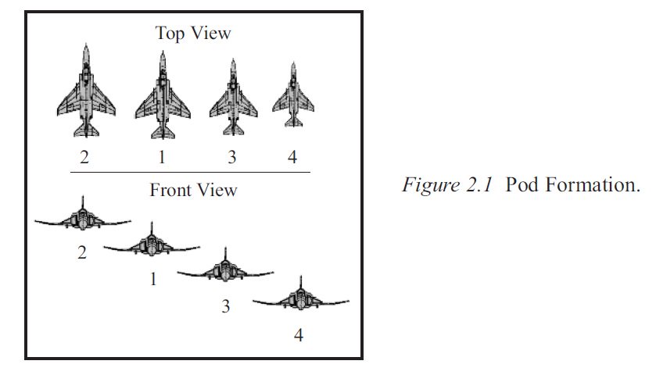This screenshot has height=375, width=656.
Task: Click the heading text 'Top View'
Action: (193, 33)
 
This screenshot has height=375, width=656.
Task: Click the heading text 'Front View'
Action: (193, 190)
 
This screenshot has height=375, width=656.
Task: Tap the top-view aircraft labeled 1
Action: (163, 95)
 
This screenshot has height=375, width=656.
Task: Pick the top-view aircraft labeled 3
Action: (233, 98)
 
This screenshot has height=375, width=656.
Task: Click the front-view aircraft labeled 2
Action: (82, 219)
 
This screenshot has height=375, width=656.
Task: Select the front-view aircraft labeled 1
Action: (151, 244)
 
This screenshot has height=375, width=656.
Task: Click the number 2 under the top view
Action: (84, 157)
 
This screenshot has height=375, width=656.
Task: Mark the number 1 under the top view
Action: (162, 157)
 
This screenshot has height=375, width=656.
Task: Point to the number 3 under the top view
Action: (232, 157)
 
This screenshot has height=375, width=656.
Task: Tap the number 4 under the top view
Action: (292, 157)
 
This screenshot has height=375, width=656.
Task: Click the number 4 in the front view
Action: (298, 336)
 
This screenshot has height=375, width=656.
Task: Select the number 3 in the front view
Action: (226, 306)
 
